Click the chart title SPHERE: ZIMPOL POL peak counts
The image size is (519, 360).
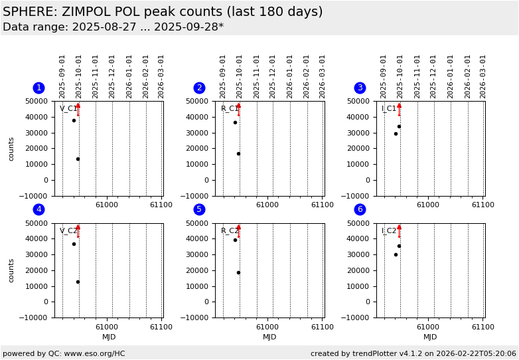point(163,12)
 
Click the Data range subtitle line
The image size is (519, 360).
point(113,27)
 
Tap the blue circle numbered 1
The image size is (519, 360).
point(38,88)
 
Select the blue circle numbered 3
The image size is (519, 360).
point(360,88)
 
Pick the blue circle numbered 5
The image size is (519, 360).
point(199,209)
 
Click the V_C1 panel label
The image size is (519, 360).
point(68,109)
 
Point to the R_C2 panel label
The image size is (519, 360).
point(229,231)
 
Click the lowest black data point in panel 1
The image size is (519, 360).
point(78,159)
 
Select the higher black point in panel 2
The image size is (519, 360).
point(235,122)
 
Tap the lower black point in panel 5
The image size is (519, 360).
point(238,272)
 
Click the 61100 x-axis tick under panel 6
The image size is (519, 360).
point(482,327)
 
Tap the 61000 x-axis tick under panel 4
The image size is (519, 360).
point(107,327)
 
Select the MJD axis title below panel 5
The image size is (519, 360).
point(269,337)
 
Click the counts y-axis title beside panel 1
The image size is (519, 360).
point(11,149)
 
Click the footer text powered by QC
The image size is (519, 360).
point(64,353)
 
